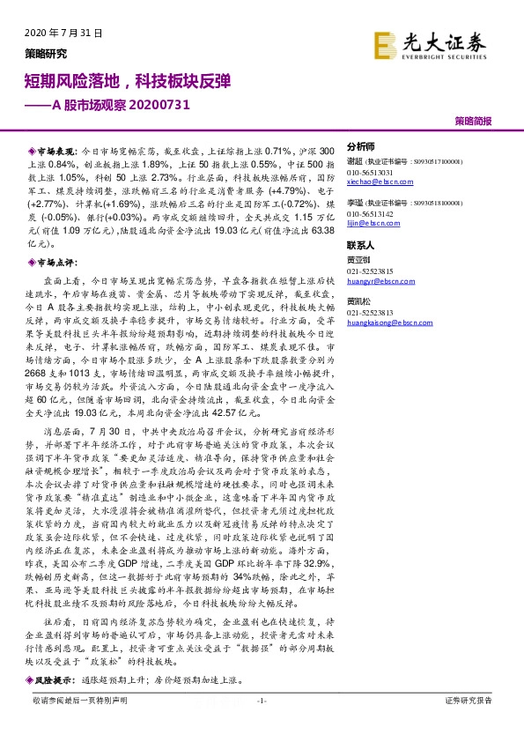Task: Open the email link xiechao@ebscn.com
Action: [375, 181]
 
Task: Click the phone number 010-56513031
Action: [370, 172]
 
